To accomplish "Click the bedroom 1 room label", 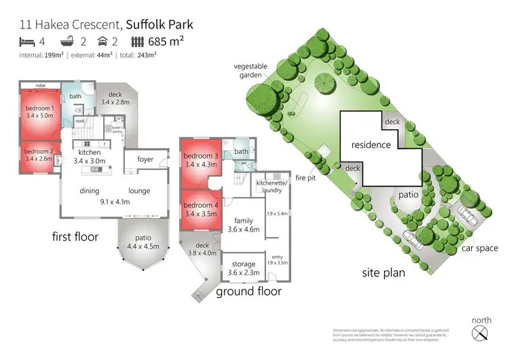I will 39,109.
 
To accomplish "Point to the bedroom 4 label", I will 201,205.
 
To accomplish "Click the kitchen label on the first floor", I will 89,153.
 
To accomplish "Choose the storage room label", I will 244,264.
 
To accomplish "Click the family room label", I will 243,221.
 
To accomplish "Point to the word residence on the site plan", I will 371,145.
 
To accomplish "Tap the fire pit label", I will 307,178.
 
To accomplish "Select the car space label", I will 481,249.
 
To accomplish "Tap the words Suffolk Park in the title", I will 159,24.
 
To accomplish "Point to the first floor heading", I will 75,237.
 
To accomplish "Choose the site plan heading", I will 383,273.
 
